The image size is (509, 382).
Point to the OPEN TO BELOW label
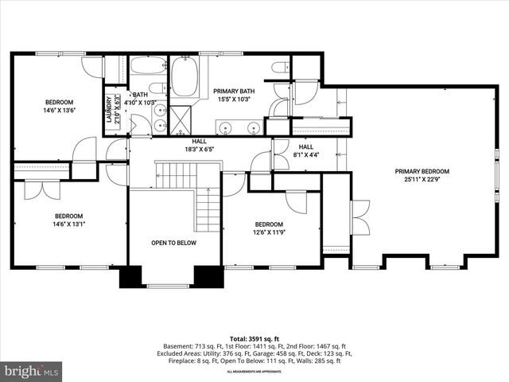pyautogui.click(x=173, y=243)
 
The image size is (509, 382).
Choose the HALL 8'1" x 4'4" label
pyautogui.click(x=306, y=151)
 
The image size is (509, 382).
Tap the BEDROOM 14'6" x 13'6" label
pyautogui.click(x=59, y=107)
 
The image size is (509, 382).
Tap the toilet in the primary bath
pyautogui.click(x=279, y=68)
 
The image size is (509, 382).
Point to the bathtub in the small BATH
pyautogui.click(x=147, y=65)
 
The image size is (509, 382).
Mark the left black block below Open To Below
pyautogui.click(x=130, y=276)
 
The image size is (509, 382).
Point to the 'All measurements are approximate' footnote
pyautogui.click(x=254, y=372)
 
